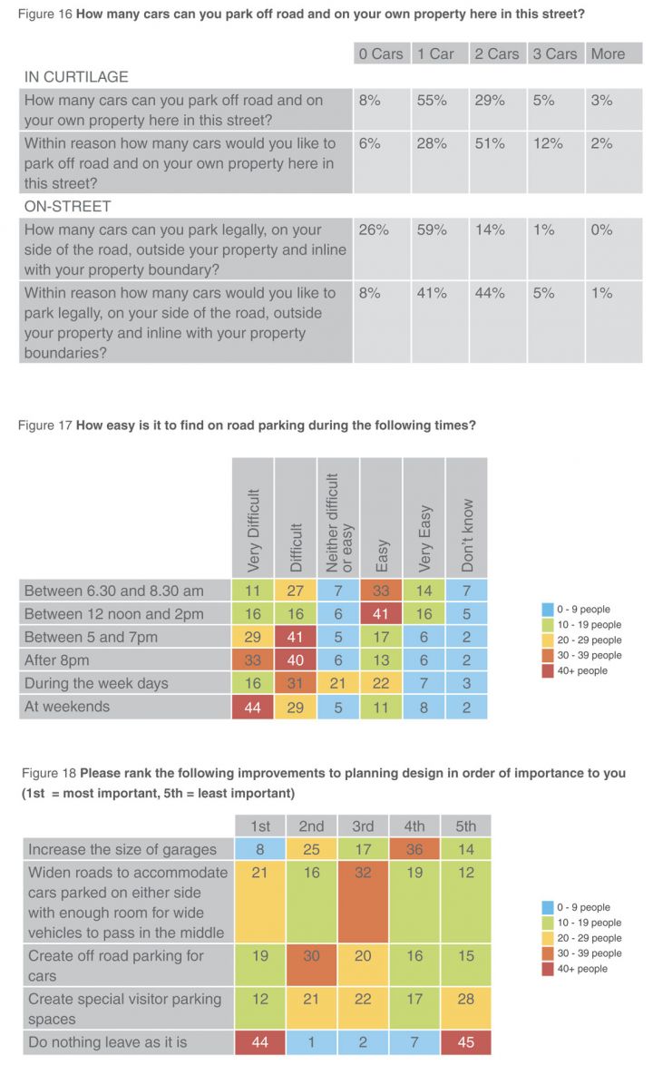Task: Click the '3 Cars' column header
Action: [x=555, y=54]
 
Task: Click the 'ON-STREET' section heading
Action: [x=67, y=207]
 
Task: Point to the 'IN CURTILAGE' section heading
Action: [x=76, y=77]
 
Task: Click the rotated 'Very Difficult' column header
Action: [x=253, y=530]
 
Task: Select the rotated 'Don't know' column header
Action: [x=467, y=535]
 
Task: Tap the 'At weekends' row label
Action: [x=66, y=707]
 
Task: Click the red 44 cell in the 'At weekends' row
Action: [x=252, y=707]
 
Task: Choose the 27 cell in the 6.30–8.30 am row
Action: [x=296, y=591]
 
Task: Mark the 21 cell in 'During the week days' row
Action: [x=338, y=683]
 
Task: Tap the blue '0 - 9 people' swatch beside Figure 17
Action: [x=548, y=609]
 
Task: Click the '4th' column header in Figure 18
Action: [x=414, y=826]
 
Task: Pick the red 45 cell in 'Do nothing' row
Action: [x=465, y=1042]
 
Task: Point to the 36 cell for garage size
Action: [x=414, y=849]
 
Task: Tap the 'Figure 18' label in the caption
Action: [x=49, y=773]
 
